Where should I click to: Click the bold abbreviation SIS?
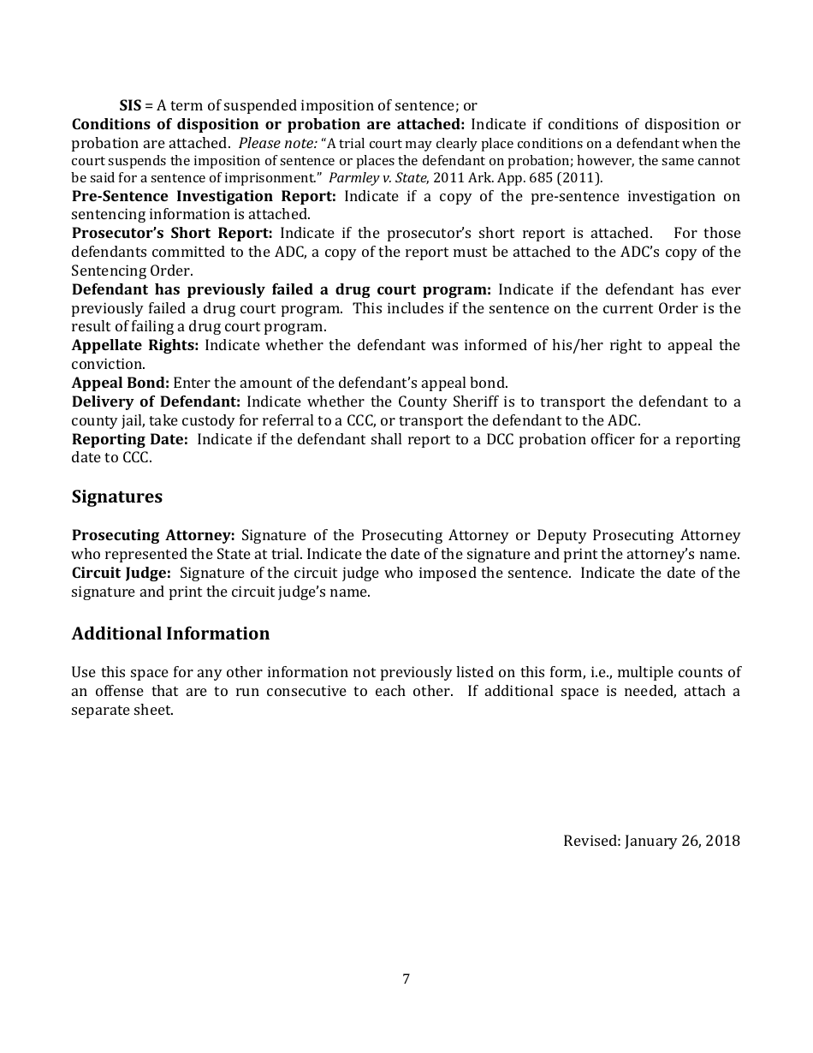tap(130, 106)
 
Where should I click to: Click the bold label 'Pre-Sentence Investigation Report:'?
tap(204, 196)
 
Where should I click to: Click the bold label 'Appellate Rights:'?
tap(135, 345)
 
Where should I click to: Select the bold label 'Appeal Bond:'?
tap(120, 383)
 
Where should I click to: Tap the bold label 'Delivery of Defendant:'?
tap(156, 402)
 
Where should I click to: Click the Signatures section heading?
tap(116, 497)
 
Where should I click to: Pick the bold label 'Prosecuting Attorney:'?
tap(153, 535)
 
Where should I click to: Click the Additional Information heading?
tap(170, 634)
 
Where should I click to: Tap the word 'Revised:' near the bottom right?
tap(591, 841)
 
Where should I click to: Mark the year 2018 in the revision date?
tap(722, 841)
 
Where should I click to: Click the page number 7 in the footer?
tap(406, 979)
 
